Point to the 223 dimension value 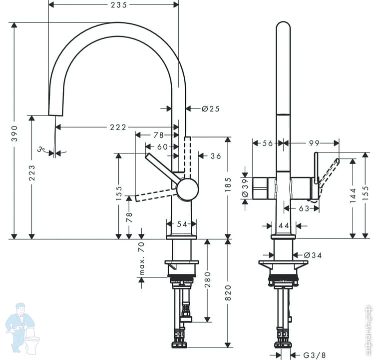[32, 173]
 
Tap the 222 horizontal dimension [118, 127]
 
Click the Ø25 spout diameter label [211, 108]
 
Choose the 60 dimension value [162, 146]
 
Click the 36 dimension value [215, 156]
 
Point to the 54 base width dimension [182, 224]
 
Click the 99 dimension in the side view [314, 143]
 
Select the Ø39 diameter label [244, 184]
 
